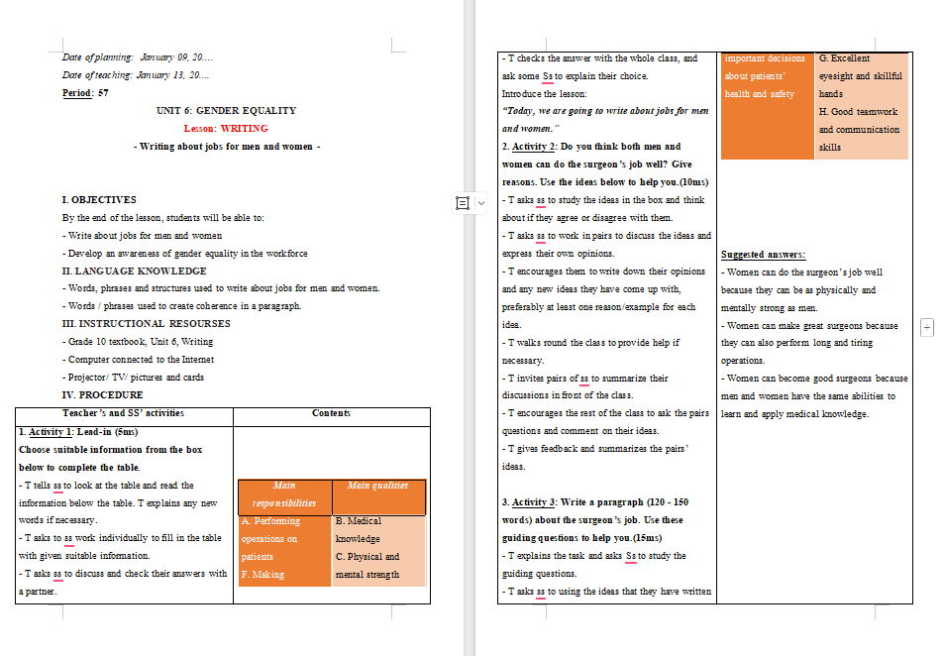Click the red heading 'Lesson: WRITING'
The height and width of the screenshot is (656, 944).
[x=226, y=129]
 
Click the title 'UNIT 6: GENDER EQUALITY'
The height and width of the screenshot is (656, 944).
[x=226, y=111]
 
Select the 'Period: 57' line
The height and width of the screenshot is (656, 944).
[x=85, y=93]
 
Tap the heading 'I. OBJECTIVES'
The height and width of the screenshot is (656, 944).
[x=99, y=200]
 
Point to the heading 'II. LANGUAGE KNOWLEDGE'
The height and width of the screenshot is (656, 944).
[x=134, y=272]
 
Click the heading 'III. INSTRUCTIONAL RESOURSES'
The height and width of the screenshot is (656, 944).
[x=146, y=324]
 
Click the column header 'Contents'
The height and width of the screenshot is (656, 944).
[x=331, y=413]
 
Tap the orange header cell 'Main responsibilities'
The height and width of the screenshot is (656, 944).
[x=284, y=493]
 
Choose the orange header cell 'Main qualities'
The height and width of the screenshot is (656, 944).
[x=378, y=486]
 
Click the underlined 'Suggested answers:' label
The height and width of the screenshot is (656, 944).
[x=763, y=255]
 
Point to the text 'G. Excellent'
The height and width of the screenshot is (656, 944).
[x=844, y=58]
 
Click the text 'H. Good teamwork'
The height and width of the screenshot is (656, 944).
[x=858, y=112]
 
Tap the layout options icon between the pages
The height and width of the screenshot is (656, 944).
[x=462, y=203]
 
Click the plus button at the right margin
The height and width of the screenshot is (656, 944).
[x=927, y=327]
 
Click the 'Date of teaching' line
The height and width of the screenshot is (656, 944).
[x=136, y=75]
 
